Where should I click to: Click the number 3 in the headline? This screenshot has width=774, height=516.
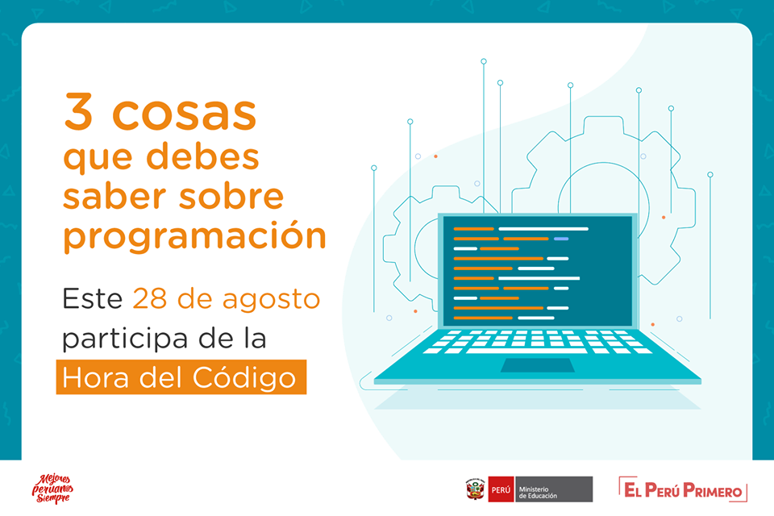(x=78, y=112)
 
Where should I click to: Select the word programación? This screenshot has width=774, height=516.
(x=195, y=235)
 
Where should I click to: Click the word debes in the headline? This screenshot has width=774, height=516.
(x=203, y=156)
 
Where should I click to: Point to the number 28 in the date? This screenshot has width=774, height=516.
(x=150, y=299)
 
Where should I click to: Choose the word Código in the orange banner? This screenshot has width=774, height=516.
(x=243, y=378)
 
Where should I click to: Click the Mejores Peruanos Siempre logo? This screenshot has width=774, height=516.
(x=52, y=489)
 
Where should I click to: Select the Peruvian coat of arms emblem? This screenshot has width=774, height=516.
(x=476, y=489)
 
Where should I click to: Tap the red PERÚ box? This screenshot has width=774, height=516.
(x=501, y=489)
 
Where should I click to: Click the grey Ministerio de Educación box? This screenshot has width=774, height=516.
(x=553, y=489)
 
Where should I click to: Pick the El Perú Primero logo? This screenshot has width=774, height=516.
(x=683, y=489)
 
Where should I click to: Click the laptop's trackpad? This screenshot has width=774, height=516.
(x=538, y=365)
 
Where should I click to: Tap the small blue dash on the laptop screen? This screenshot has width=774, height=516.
(x=561, y=239)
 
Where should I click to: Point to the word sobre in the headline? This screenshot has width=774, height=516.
(x=231, y=196)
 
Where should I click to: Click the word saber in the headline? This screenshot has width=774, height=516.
(x=114, y=196)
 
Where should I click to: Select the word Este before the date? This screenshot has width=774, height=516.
(x=92, y=299)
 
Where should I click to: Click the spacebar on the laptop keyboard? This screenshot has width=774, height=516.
(x=526, y=351)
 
